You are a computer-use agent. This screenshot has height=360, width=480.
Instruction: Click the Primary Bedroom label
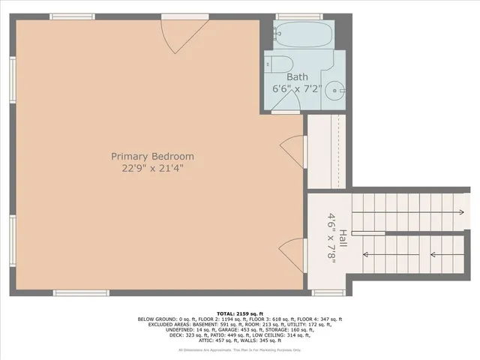(x=152, y=156)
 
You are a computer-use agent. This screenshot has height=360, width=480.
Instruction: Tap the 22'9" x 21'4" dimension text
(x=152, y=169)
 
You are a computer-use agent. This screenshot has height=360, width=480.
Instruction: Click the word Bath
(x=297, y=76)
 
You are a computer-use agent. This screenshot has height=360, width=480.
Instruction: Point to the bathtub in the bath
(x=303, y=34)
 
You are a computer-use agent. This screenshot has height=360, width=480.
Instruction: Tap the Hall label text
(x=343, y=239)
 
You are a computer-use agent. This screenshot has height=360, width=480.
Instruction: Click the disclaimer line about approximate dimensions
(x=239, y=350)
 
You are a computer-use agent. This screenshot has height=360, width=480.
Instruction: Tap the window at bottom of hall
(x=327, y=292)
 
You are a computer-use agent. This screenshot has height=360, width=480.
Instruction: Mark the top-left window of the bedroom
(x=72, y=16)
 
